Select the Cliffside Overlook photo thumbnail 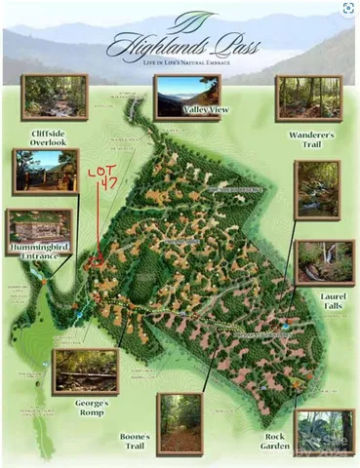[x=55, y=97]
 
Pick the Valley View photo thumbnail [x=186, y=97]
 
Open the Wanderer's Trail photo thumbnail [x=308, y=97]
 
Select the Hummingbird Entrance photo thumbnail [x=39, y=231]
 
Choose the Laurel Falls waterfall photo [x=324, y=261]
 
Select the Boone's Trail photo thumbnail [x=180, y=421]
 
